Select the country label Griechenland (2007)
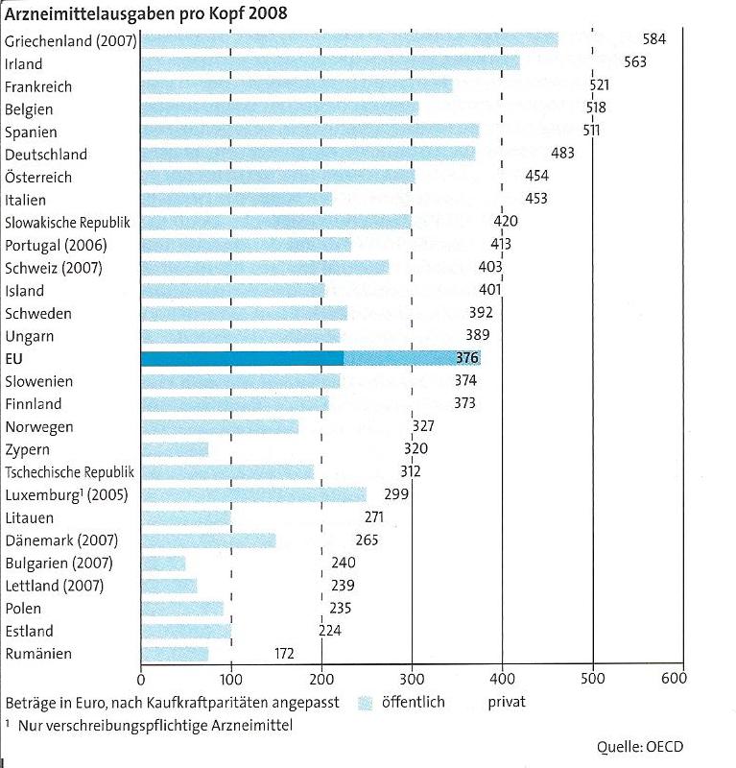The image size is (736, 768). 71,41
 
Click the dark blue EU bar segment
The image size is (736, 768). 242,359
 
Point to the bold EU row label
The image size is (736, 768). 15,359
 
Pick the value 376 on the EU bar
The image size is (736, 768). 468,359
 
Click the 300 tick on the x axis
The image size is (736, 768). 412,678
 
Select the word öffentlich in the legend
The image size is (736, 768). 414,702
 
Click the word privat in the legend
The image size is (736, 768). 507,702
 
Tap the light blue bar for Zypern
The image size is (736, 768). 175,449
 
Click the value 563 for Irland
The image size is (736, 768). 635,62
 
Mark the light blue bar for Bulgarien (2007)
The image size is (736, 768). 163,563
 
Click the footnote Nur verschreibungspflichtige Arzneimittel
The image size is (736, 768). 154,725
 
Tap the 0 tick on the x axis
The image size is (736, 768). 141,678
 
